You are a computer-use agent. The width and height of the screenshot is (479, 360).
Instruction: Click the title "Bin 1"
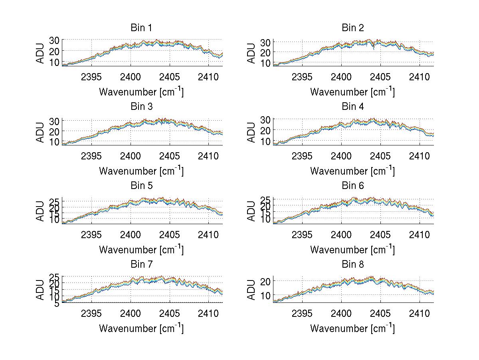pos(141,28)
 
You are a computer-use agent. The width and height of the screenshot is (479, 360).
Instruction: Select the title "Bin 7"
pos(141,265)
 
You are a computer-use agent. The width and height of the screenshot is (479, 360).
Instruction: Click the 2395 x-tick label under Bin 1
pos(91,77)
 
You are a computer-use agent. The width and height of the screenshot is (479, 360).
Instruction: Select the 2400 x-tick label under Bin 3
pos(131,155)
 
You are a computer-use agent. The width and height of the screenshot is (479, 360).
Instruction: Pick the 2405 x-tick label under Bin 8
pos(380,313)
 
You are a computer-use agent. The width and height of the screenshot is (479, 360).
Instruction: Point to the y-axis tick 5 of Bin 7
pos(57,304)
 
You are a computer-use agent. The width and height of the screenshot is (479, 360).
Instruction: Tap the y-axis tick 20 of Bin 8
pos(265,281)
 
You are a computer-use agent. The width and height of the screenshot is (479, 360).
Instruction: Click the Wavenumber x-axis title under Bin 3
pos(141,171)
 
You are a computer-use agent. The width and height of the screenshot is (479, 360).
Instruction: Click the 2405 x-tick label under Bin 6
pos(380,235)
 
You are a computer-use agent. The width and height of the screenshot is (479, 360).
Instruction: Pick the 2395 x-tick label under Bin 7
pos(91,313)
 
